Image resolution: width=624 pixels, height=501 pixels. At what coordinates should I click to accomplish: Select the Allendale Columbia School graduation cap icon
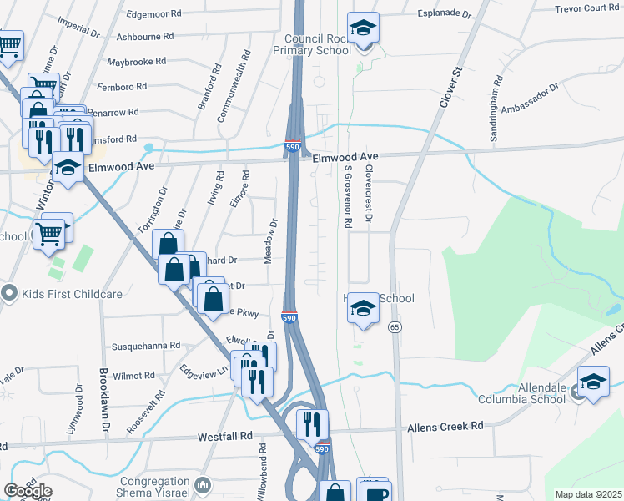593,382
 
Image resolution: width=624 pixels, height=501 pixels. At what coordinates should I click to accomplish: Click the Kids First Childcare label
73,293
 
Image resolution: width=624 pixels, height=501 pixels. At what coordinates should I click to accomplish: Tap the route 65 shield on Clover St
394,326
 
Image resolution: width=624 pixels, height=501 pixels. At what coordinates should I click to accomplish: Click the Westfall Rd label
224,437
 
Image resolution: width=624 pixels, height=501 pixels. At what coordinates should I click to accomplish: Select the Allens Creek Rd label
445,427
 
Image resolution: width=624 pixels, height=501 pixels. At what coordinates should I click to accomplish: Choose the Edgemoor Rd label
153,14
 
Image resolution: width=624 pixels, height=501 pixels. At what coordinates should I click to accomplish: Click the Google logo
27,490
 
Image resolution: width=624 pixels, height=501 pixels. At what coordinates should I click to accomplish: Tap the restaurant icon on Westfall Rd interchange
312,423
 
